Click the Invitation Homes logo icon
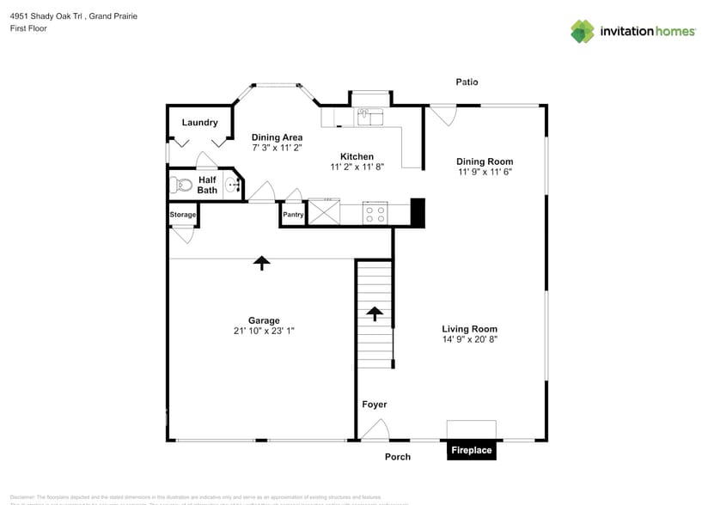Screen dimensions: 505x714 pyautogui.click(x=583, y=31)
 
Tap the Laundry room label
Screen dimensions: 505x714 pyautogui.click(x=199, y=123)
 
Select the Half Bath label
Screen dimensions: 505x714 pyautogui.click(x=207, y=185)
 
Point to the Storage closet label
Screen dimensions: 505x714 pyautogui.click(x=182, y=215)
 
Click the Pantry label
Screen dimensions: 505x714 pyautogui.click(x=293, y=215)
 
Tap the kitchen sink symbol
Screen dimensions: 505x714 pyautogui.click(x=370, y=116)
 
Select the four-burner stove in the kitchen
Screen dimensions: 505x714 pyautogui.click(x=375, y=213)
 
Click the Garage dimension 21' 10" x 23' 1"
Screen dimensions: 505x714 pyautogui.click(x=264, y=331)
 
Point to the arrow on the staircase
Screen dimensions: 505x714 pyautogui.click(x=375, y=313)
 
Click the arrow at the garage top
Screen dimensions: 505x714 pyautogui.click(x=261, y=263)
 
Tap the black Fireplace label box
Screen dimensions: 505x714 pyautogui.click(x=472, y=450)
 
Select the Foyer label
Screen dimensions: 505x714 pyautogui.click(x=374, y=405)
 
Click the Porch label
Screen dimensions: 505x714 pyautogui.click(x=397, y=457)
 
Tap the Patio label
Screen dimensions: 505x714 pyautogui.click(x=467, y=82)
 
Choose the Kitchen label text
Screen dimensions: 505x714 pyautogui.click(x=357, y=156)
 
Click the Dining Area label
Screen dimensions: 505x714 pyautogui.click(x=276, y=137)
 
